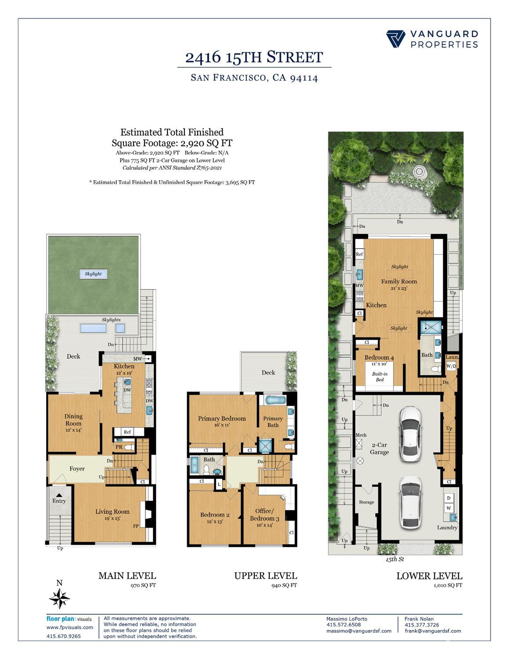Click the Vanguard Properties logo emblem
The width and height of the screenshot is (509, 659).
395,39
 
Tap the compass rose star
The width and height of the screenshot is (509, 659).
59,598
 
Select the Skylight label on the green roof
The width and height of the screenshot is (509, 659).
93,273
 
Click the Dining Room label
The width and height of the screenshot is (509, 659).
73,420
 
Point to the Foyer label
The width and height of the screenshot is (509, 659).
77,469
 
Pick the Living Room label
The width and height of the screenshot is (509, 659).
112,512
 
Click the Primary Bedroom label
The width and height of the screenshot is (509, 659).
222,419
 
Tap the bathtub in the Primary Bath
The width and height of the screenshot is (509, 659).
275,400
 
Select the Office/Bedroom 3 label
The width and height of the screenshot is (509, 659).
264,515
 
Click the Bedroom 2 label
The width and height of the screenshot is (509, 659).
214,515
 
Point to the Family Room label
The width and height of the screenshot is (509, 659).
399,281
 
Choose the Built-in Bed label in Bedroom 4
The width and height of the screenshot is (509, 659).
379,377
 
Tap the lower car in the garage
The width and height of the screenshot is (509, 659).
411,502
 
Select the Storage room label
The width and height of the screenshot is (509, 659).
366,502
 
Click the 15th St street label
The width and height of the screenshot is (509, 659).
394,559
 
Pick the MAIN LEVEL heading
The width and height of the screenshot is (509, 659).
127,575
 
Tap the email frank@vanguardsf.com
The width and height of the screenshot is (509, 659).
433,631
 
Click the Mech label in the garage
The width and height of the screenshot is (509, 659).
361,435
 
